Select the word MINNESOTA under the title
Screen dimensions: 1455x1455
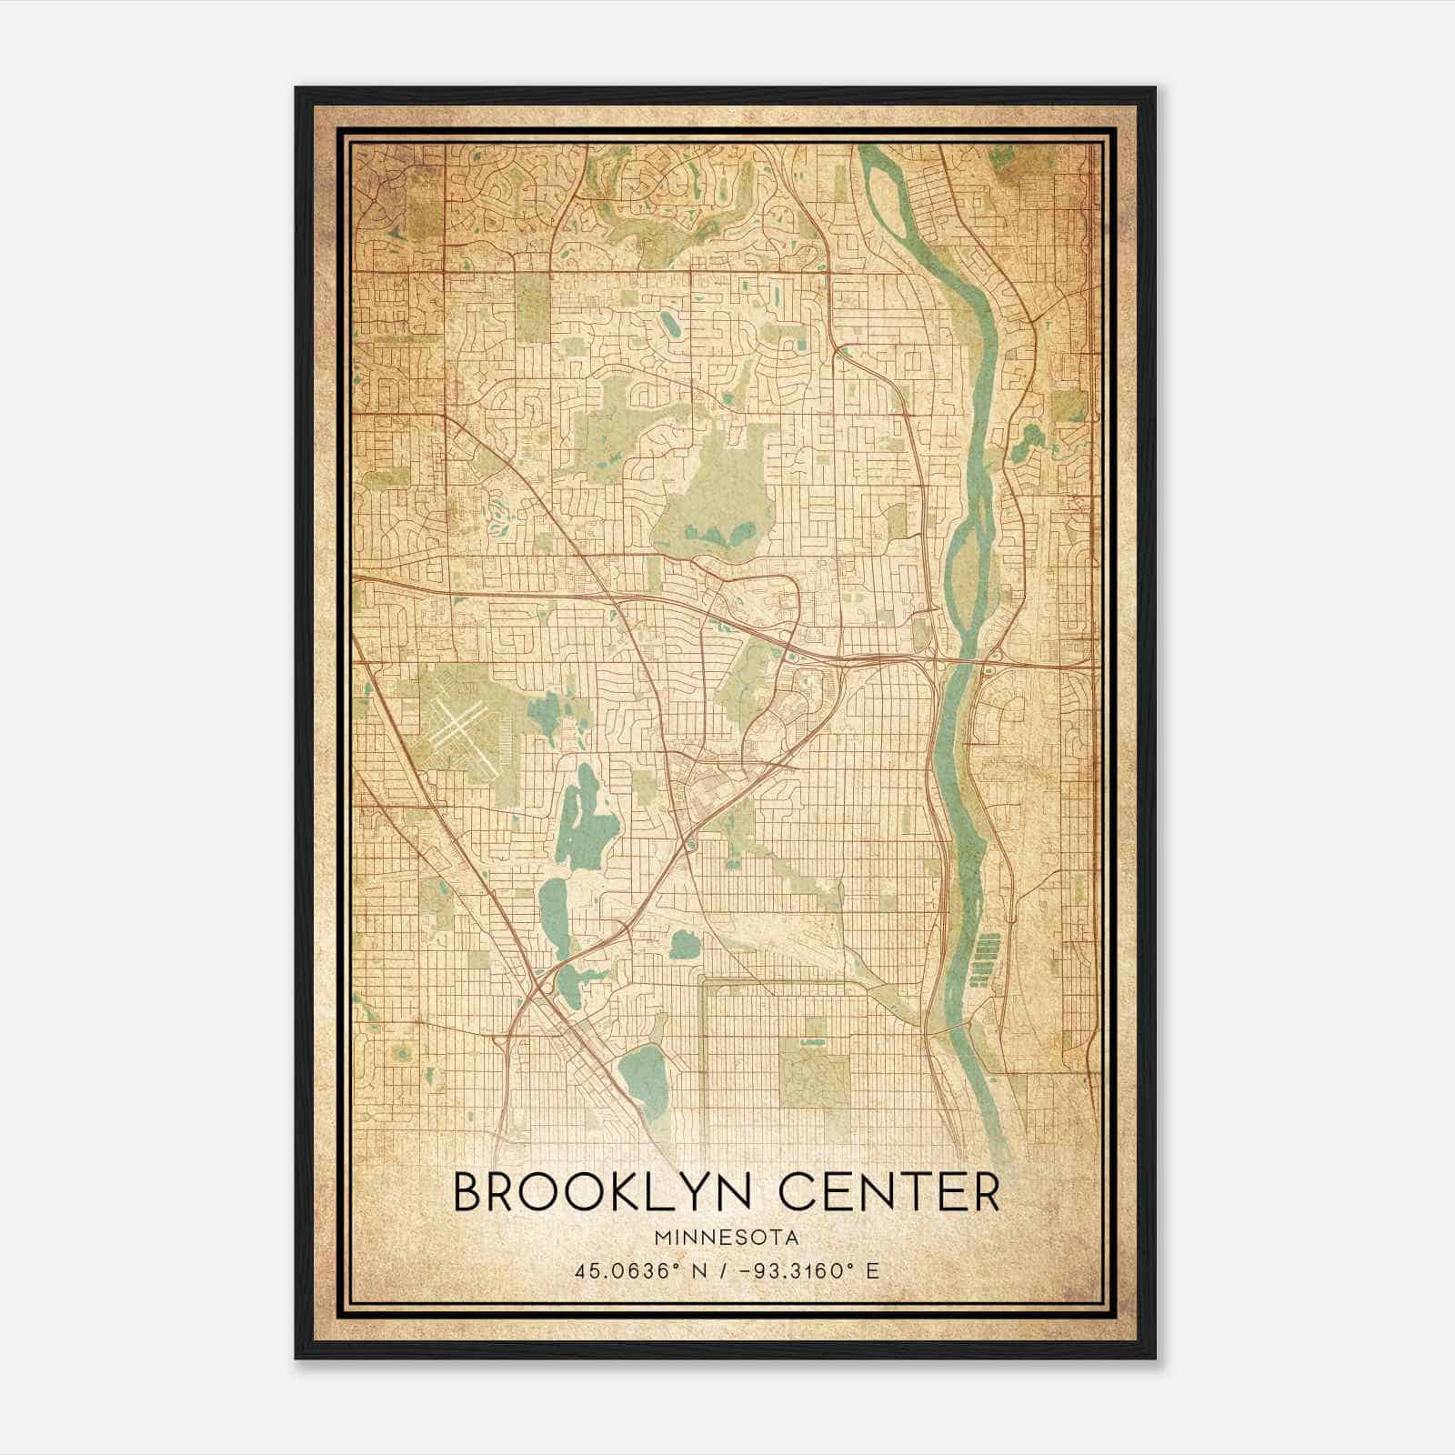(725, 1238)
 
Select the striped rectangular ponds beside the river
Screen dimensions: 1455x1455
(983, 959)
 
